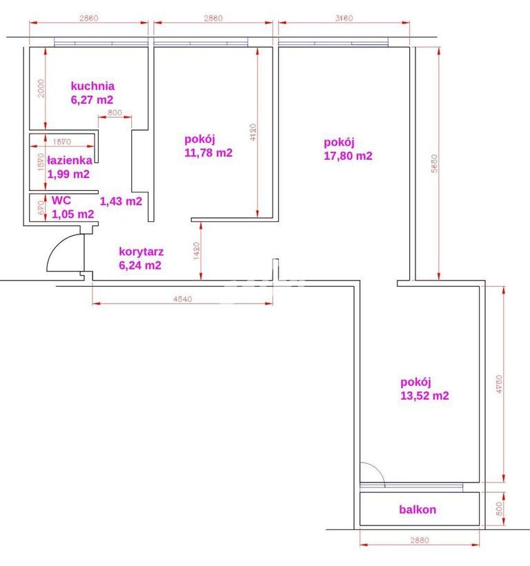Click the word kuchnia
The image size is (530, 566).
pyautogui.click(x=92, y=86)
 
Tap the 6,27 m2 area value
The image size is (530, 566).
pyautogui.click(x=92, y=100)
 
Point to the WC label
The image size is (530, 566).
pyautogui.click(x=61, y=201)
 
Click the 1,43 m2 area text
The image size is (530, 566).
pyautogui.click(x=121, y=201)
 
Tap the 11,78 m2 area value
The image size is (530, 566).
pyautogui.click(x=208, y=153)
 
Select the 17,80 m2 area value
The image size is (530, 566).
pyautogui.click(x=348, y=156)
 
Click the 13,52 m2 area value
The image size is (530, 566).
pyautogui.click(x=424, y=396)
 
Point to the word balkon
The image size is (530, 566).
pyautogui.click(x=418, y=510)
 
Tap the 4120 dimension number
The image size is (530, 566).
pyautogui.click(x=253, y=132)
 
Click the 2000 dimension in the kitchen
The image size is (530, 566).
pyautogui.click(x=41, y=88)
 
